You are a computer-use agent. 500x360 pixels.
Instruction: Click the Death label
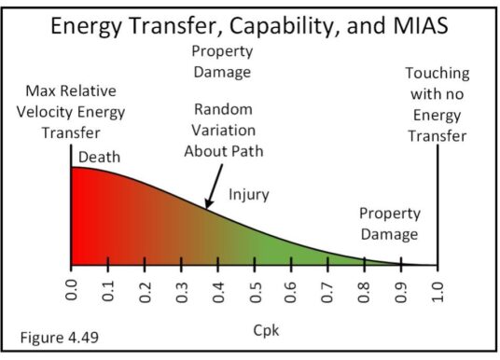tap(99, 157)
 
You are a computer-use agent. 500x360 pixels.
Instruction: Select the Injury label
tap(248, 195)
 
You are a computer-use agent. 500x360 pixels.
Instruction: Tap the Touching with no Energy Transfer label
tap(437, 105)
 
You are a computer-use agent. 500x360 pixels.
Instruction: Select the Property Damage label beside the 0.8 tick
tap(387, 224)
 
